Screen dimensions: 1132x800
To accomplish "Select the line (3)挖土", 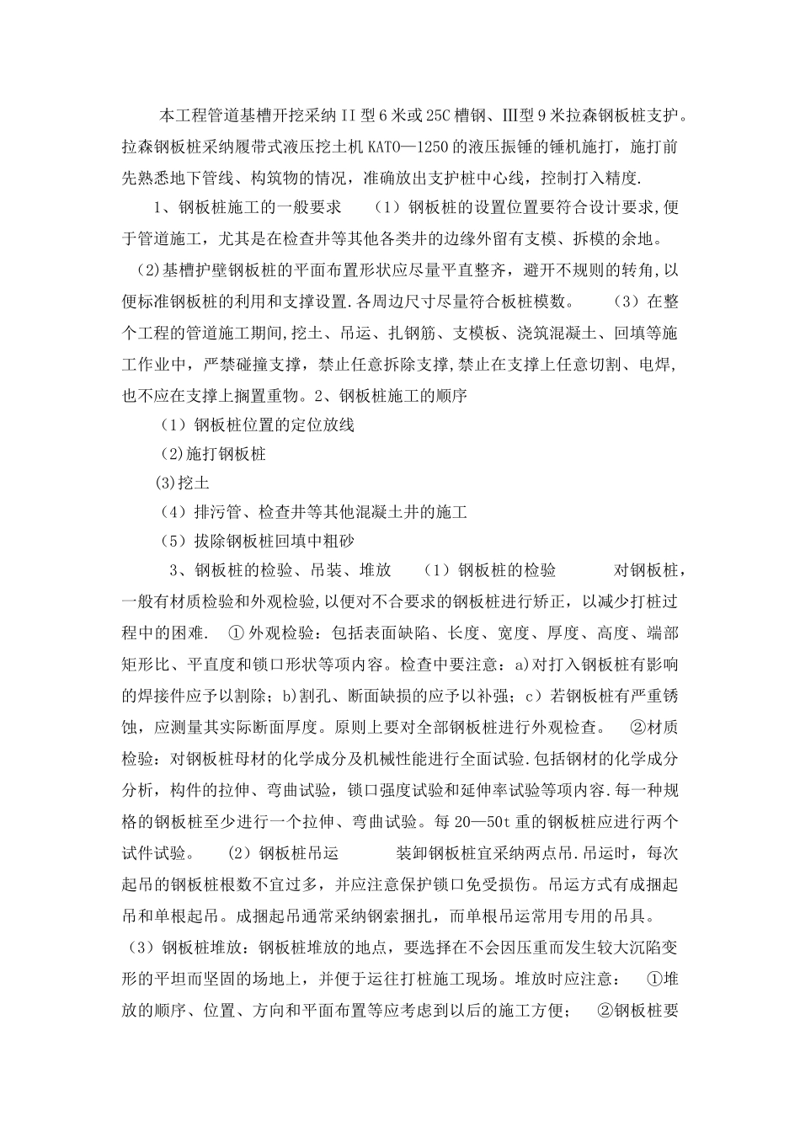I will coord(183,483).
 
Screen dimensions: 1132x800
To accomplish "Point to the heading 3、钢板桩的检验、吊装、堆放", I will coord(280,570).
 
